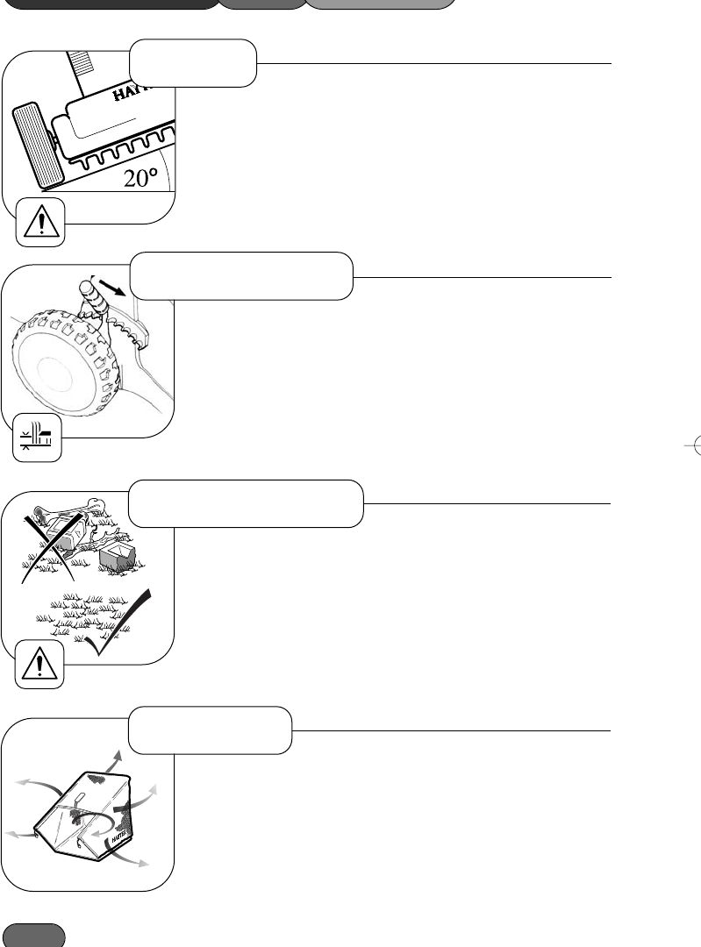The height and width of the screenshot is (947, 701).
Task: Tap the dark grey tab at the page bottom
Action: (34, 934)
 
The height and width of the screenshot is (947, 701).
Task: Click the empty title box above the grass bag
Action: (211, 730)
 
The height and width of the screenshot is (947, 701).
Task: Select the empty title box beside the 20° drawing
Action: (193, 61)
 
